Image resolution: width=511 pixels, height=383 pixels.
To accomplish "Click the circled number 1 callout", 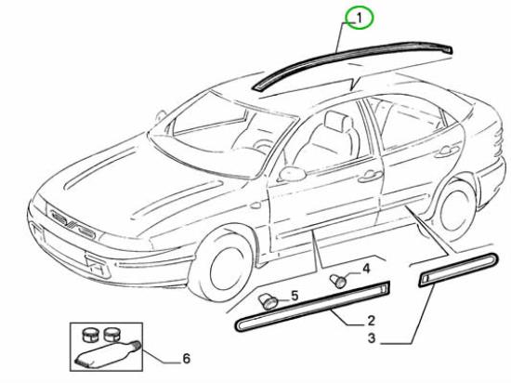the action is coord(359,19).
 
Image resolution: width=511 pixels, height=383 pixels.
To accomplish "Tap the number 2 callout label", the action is coord(372,321).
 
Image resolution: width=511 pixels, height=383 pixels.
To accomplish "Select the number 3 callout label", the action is coord(372,338).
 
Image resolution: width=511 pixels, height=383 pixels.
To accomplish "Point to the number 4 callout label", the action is coord(366,270).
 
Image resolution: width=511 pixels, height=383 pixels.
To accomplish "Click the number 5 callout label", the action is coord(295,296).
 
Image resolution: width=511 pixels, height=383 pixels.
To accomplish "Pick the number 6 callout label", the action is coord(186,359).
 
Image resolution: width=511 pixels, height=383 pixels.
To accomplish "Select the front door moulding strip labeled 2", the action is coord(312,306).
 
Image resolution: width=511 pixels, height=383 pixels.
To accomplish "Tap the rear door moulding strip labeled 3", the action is coord(458,270).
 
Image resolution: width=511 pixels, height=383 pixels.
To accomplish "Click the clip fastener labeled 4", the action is coord(338,282).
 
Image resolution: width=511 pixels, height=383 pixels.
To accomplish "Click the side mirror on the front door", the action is coord(292,174).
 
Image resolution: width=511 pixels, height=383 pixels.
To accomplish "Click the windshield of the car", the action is coord(225,137).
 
